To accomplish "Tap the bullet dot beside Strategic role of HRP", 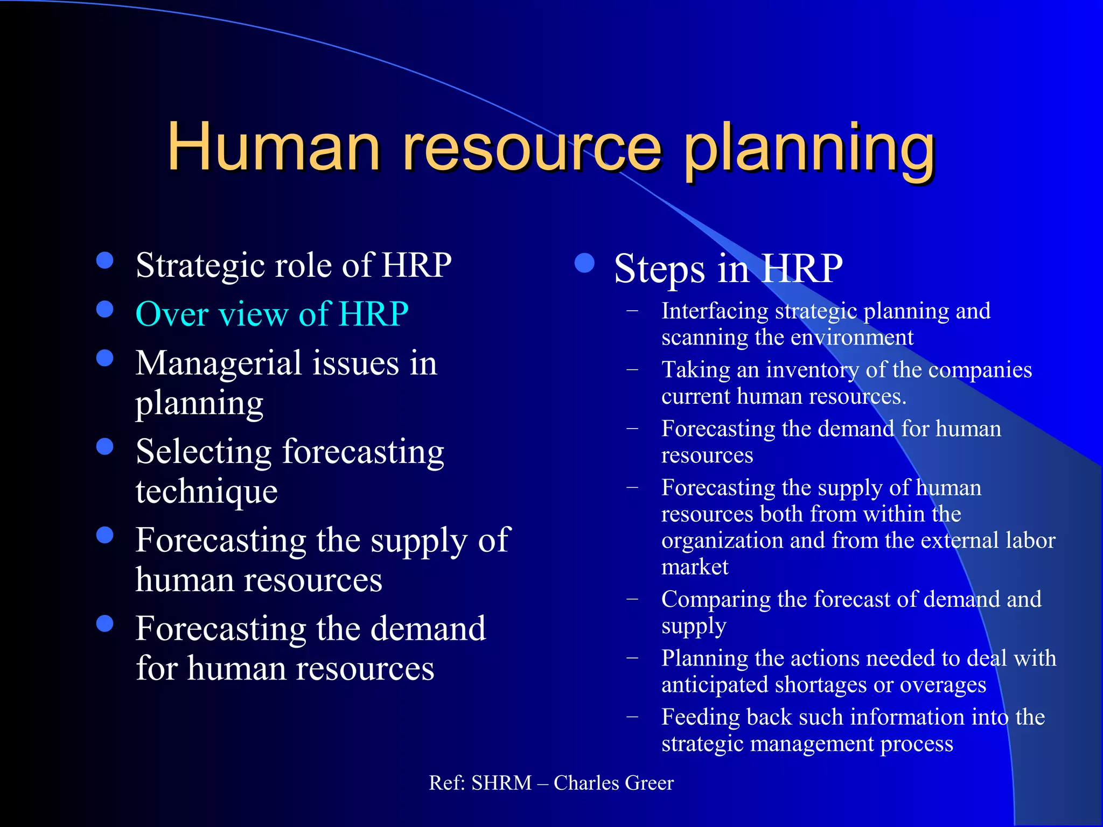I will click(104, 261).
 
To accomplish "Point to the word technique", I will click(206, 491).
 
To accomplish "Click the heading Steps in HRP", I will click(728, 268).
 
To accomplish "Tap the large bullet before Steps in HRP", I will click(584, 263).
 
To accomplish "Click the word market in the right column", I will click(694, 567).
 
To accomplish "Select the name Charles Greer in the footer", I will click(613, 783).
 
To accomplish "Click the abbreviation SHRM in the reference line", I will click(501, 783).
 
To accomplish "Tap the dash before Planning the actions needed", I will click(632, 658).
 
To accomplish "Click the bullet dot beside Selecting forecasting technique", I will click(104, 447).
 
